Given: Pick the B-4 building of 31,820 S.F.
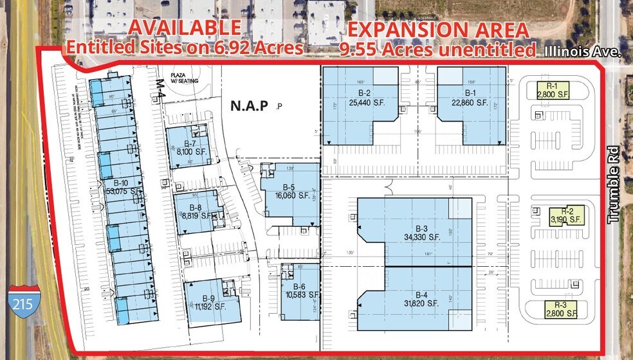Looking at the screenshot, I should pos(422,298).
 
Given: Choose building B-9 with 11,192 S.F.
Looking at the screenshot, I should pos(208,302).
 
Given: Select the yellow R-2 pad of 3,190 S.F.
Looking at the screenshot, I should pos(566,215).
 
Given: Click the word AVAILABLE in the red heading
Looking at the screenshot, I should pos(187,28).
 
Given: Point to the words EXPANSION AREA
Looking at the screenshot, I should pos(439,30).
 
